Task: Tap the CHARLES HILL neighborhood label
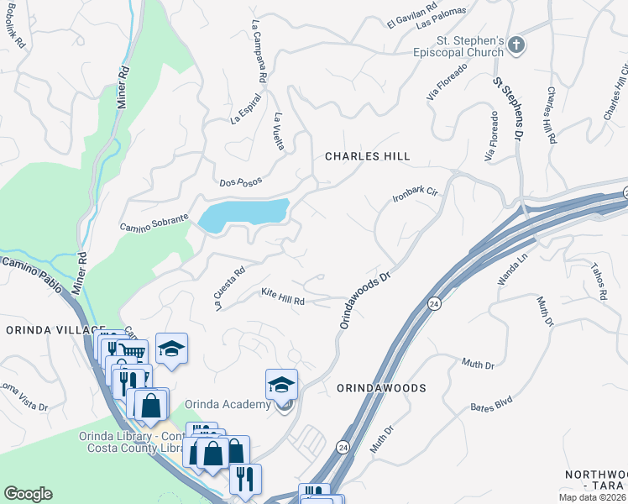(368, 156)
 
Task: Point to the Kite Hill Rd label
(282, 296)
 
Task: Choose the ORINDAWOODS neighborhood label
(381, 388)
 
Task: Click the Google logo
(28, 494)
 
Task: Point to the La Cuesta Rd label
(229, 289)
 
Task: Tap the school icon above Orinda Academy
(282, 385)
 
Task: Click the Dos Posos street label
(240, 181)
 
